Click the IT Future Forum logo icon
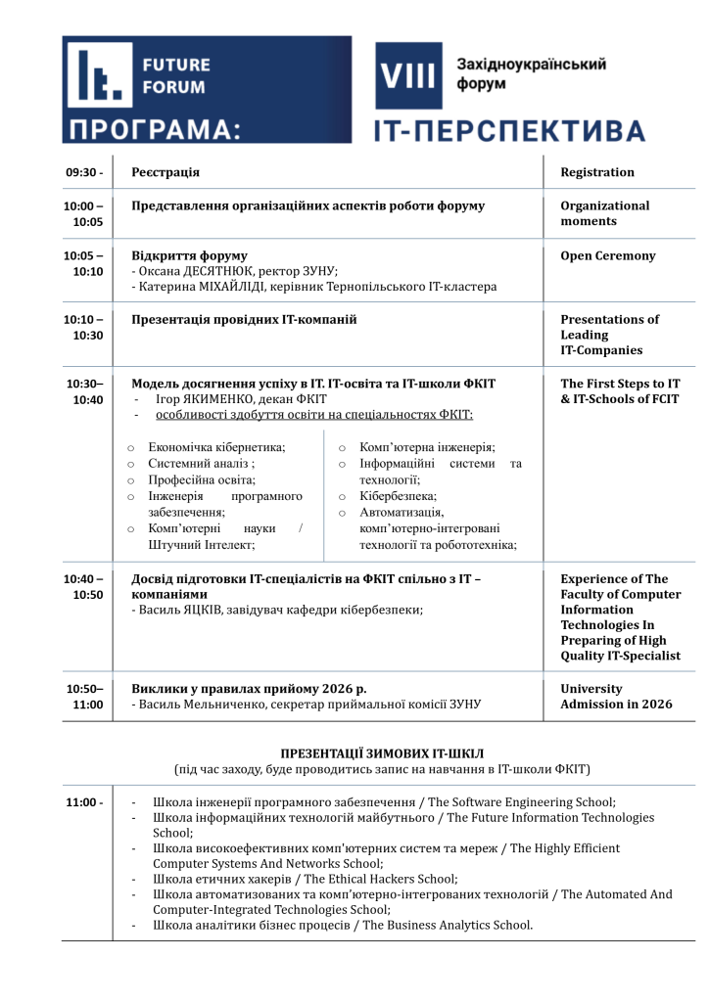97,75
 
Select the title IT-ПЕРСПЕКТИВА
509,131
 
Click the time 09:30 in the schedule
84,172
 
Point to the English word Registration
597,172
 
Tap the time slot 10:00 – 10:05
83,214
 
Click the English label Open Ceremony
608,256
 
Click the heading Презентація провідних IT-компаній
244,319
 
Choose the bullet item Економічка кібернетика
216,447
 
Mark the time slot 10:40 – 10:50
83,586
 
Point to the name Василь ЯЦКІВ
186,610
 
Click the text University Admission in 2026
616,696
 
